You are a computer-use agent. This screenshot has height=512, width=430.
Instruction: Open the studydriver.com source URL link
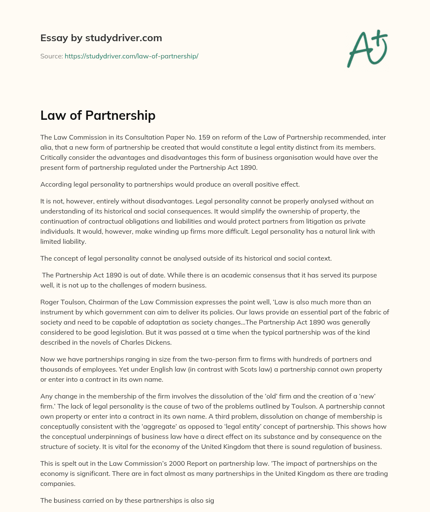(131, 56)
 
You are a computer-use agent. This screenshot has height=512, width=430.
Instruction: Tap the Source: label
(51, 56)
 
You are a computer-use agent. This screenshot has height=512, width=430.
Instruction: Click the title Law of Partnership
(98, 116)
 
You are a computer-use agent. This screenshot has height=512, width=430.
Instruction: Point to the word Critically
(55, 158)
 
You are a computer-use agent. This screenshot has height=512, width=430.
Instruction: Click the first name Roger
(50, 302)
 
